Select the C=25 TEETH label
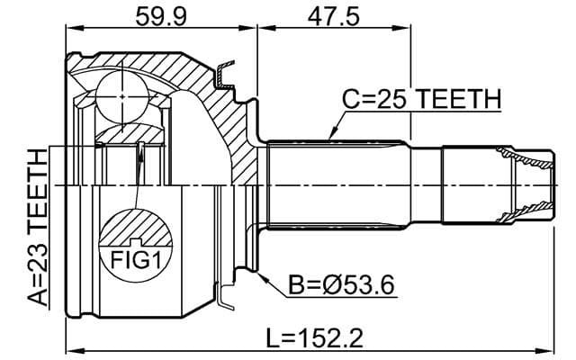point(421,99)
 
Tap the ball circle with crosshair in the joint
point(121,94)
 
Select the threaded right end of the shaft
point(526,185)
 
